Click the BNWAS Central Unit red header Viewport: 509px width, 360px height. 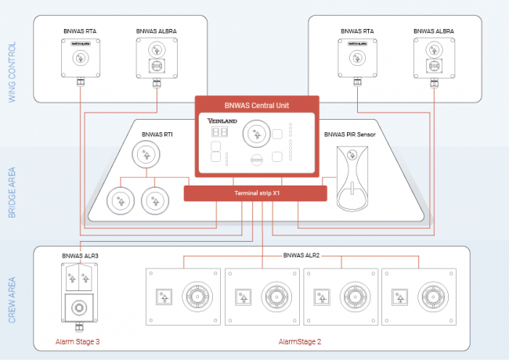[x=257, y=104]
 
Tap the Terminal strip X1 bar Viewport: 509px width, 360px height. [x=255, y=193]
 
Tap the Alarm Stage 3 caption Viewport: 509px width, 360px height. [x=78, y=342]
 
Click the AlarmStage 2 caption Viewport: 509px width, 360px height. [x=300, y=342]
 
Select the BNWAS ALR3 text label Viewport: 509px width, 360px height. [x=80, y=256]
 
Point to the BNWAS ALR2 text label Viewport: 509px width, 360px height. [x=301, y=256]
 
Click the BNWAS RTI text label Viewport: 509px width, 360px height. [x=157, y=135]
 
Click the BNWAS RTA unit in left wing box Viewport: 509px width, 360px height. [x=81, y=57]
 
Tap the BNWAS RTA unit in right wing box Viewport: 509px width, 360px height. [x=357, y=57]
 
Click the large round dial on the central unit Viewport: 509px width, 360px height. [x=254, y=134]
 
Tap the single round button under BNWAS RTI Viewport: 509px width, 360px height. [x=144, y=155]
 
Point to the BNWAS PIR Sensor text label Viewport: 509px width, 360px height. [x=350, y=135]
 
